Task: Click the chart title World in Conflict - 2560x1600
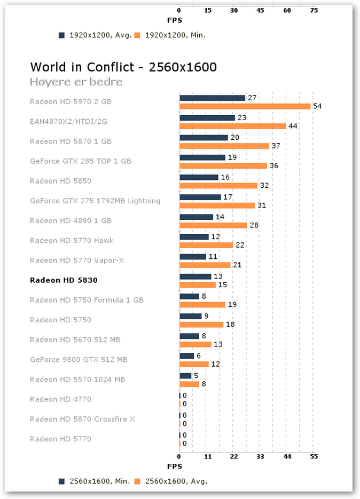tap(123, 67)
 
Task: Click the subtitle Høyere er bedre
tap(76, 82)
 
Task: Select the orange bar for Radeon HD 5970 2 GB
tap(245, 106)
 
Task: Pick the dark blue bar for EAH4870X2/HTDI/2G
tap(207, 118)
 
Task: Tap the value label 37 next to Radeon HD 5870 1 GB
tap(276, 146)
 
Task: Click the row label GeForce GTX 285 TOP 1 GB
tap(81, 161)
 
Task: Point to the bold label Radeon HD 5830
tap(64, 280)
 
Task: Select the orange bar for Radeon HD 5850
tap(218, 186)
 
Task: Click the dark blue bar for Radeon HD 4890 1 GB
tap(196, 217)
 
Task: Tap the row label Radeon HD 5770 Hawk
tap(72, 241)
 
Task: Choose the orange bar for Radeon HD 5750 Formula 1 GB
tap(202, 305)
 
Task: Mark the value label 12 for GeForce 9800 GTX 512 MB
tap(215, 364)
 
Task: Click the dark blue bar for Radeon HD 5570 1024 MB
tap(185, 376)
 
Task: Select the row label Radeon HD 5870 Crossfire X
tap(82, 419)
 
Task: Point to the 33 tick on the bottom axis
tap(260, 457)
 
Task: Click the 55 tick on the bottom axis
tap(314, 457)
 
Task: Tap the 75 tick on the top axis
tap(314, 10)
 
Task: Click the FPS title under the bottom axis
tap(175, 466)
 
